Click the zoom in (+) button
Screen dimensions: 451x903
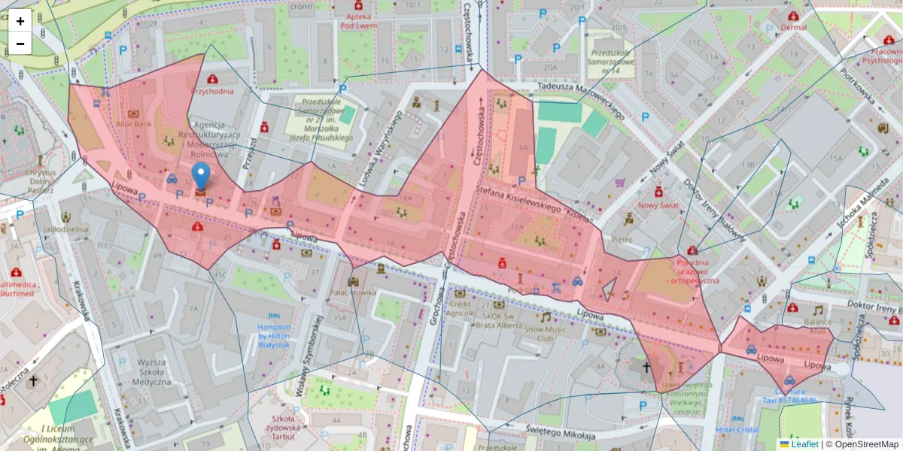tap(20, 21)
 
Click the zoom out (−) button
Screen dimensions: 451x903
tap(20, 44)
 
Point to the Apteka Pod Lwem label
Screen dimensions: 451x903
tap(357, 20)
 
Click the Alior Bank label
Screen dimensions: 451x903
tap(134, 123)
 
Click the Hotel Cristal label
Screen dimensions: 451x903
tap(737, 429)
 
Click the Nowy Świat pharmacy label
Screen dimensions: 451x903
tap(658, 204)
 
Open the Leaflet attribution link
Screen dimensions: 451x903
tap(804, 444)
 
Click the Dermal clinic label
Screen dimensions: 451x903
tap(793, 27)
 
